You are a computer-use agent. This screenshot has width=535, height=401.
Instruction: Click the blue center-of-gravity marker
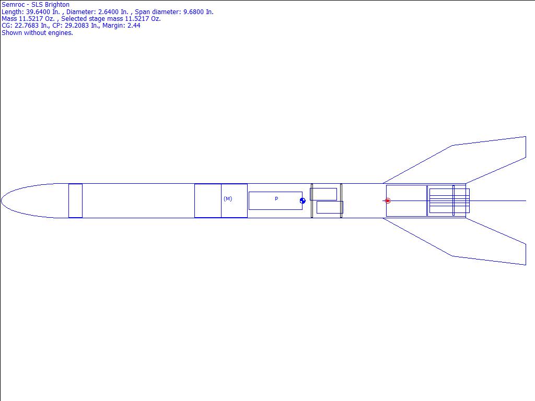pyautogui.click(x=303, y=201)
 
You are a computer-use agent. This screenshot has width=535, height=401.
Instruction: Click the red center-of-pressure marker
pyautogui.click(x=387, y=201)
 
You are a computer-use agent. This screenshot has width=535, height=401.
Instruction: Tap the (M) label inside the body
pyautogui.click(x=228, y=199)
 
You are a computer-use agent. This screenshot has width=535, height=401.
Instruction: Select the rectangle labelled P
pyautogui.click(x=275, y=201)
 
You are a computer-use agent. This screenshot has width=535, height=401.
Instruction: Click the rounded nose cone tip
pyautogui.click(x=2, y=201)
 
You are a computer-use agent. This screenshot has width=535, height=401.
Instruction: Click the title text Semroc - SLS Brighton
pyautogui.click(x=36, y=5)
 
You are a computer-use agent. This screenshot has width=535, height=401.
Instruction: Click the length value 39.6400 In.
pyautogui.click(x=43, y=12)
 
